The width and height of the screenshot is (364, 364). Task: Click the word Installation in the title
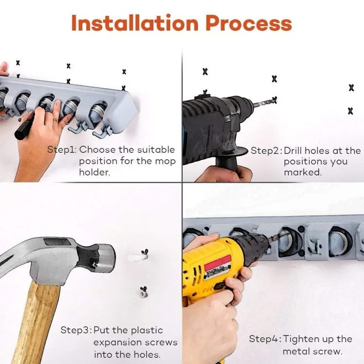coord(134,23)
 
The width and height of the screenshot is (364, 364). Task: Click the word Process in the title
coord(248,23)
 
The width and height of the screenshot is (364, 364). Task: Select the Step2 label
coord(266,151)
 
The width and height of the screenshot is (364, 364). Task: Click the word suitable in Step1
coord(156,150)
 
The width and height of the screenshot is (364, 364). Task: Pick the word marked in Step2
coord(302,172)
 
